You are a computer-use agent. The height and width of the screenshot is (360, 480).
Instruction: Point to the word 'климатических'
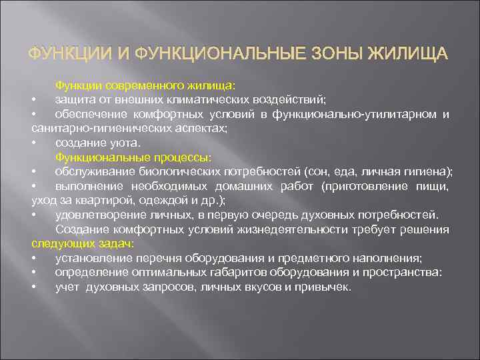(x=216, y=99)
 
